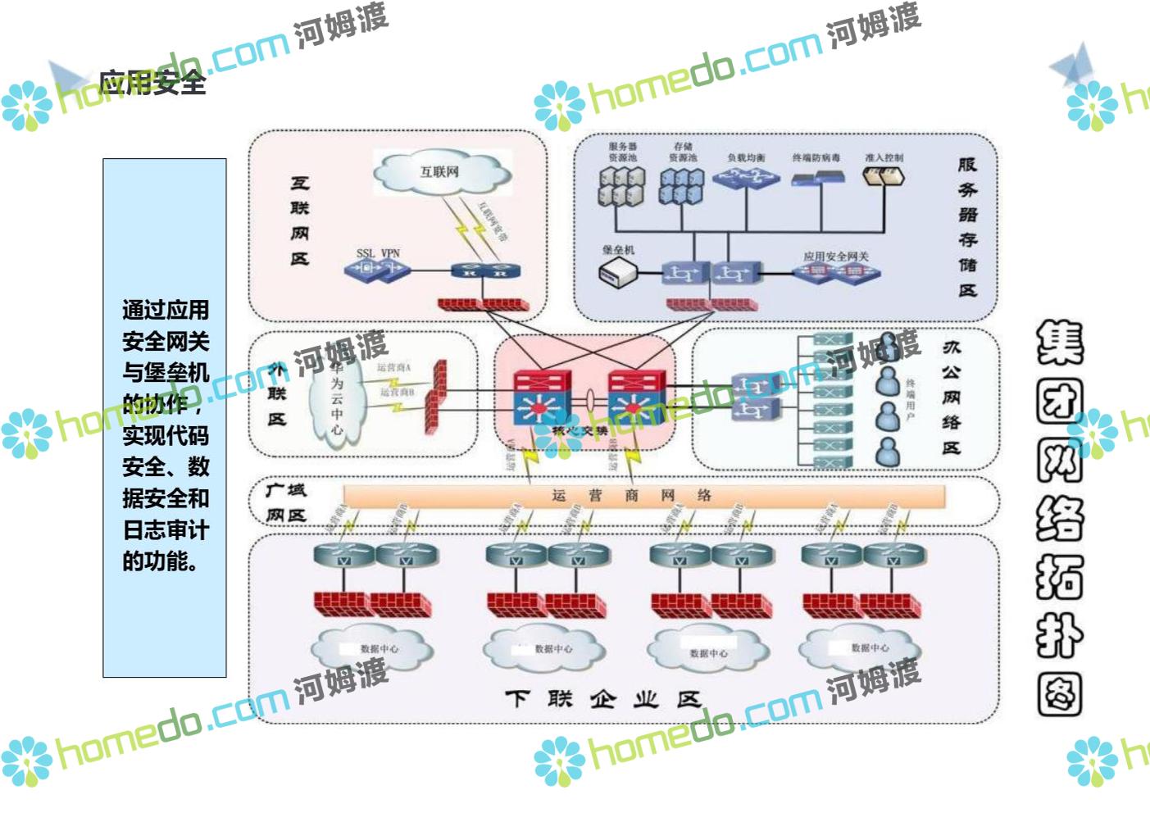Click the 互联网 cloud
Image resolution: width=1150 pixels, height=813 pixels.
click(x=440, y=172)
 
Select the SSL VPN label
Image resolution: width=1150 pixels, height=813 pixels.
click(x=378, y=253)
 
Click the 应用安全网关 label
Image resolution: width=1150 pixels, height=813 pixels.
click(x=835, y=257)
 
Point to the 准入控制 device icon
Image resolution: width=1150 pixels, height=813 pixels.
click(x=884, y=176)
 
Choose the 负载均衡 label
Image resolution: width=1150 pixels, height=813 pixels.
click(x=746, y=157)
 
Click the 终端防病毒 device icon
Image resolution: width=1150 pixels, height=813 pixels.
click(x=818, y=177)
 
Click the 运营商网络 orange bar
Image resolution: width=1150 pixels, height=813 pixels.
click(x=643, y=496)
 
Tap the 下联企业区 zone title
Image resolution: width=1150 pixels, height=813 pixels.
click(x=602, y=699)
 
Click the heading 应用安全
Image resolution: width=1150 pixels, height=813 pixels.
click(x=152, y=83)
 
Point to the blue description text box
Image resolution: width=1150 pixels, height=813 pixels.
click(x=165, y=418)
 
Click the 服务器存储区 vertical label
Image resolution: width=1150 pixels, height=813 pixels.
click(x=967, y=226)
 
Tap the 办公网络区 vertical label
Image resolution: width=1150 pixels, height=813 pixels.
click(x=951, y=397)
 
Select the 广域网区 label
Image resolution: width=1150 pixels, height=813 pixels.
click(x=286, y=502)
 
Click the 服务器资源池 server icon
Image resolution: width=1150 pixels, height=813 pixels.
click(x=621, y=186)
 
